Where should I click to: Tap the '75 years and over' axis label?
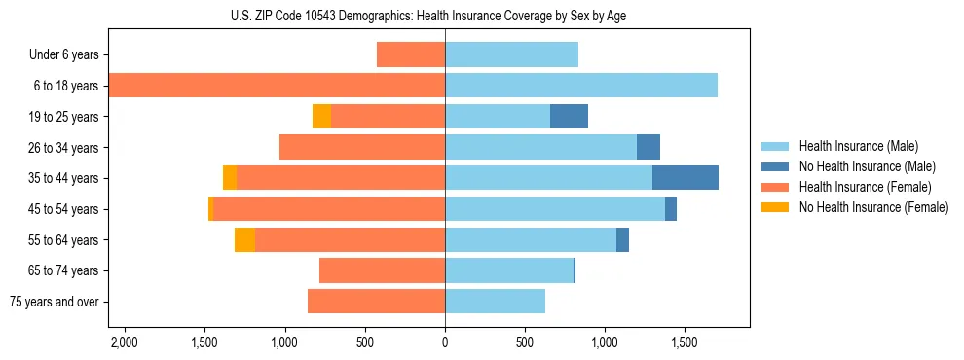pyautogui.click(x=55, y=302)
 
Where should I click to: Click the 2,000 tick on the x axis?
pyautogui.click(x=124, y=343)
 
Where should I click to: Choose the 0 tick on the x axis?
pyautogui.click(x=445, y=343)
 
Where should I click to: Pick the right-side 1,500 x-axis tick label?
pyautogui.click(x=684, y=343)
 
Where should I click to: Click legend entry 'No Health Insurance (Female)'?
pyautogui.click(x=872, y=207)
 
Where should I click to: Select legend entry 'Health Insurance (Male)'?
pyautogui.click(x=858, y=146)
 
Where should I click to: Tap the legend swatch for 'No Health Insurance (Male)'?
pyautogui.click(x=775, y=166)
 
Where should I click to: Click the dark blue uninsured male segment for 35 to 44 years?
pyautogui.click(x=685, y=178)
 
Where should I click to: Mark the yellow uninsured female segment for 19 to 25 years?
pyautogui.click(x=321, y=117)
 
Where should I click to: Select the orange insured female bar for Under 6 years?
pyautogui.click(x=411, y=55)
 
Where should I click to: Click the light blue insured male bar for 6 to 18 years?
pyautogui.click(x=581, y=86)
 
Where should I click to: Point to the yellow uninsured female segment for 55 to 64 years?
pyautogui.click(x=244, y=240)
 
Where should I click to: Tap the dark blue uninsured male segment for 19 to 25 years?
pyautogui.click(x=569, y=117)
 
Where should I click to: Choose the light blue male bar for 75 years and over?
pyautogui.click(x=495, y=302)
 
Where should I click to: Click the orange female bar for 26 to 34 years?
pyautogui.click(x=362, y=147)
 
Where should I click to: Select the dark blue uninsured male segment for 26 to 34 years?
pyautogui.click(x=648, y=147)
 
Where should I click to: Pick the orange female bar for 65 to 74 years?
pyautogui.click(x=382, y=270)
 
